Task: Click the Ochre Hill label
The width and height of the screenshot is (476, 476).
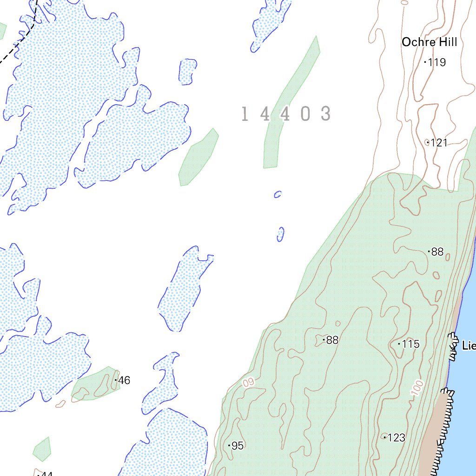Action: (429, 42)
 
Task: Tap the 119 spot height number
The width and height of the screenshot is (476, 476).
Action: (437, 62)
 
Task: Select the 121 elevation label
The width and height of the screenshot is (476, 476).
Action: (439, 143)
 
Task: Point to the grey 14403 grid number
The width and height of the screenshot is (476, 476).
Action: (286, 114)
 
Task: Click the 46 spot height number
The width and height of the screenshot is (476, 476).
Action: (124, 381)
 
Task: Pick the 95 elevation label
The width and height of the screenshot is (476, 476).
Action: (237, 446)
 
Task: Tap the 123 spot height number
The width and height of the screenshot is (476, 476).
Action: (396, 438)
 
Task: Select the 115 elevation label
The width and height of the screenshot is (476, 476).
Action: (410, 344)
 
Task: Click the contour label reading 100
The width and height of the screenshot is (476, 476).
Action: (417, 389)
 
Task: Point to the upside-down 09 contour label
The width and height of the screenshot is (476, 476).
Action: (249, 383)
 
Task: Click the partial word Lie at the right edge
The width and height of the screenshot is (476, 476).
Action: (469, 346)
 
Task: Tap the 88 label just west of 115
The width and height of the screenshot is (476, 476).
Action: (332, 340)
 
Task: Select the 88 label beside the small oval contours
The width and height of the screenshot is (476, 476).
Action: (437, 252)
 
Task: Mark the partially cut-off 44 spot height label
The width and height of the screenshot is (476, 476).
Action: (46, 474)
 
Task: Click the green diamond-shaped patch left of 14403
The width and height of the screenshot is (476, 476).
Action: (198, 157)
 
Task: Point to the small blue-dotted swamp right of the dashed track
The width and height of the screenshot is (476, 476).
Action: (187, 72)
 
